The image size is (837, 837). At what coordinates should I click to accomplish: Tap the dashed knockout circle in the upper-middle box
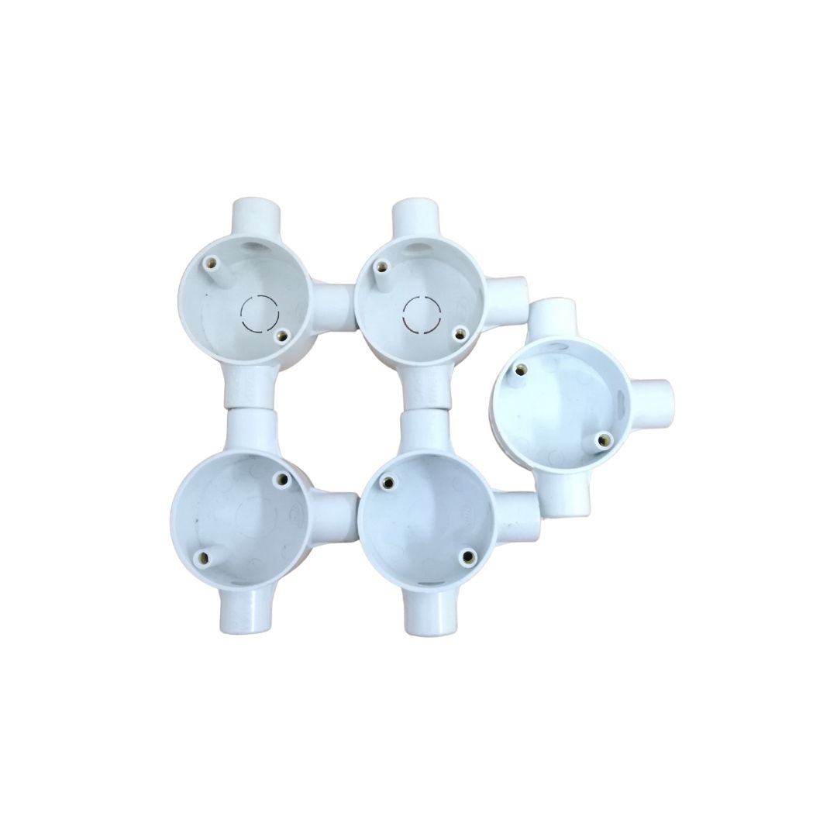click(422, 314)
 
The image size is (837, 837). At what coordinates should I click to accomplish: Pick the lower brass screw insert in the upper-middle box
click(460, 333)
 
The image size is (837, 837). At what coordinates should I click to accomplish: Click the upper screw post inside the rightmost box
click(518, 371)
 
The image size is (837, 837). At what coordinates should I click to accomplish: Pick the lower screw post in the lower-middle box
click(467, 555)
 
